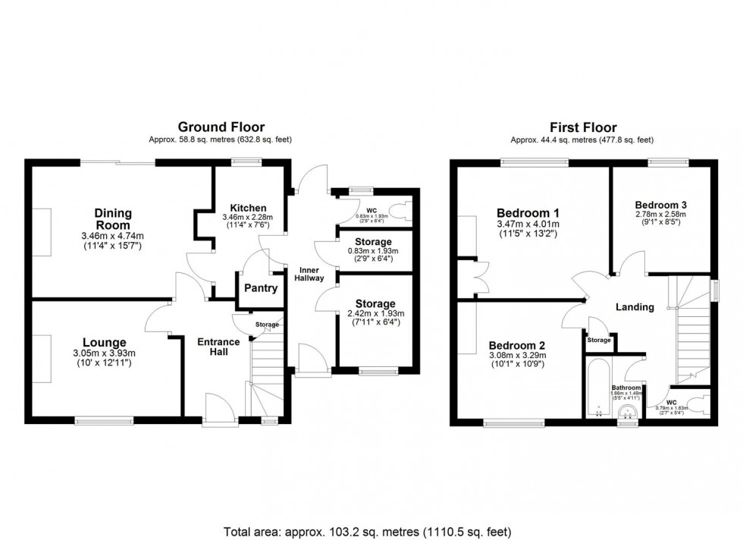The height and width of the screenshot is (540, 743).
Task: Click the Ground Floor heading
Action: click(221, 127)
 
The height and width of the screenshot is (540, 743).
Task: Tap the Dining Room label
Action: click(112, 219)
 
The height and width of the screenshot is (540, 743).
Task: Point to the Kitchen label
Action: click(248, 208)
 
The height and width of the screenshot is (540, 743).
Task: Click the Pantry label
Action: click(259, 288)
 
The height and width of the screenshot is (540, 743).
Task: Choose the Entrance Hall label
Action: click(218, 347)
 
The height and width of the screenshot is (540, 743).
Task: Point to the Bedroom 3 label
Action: click(661, 205)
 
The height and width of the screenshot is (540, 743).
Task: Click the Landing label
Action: click(635, 307)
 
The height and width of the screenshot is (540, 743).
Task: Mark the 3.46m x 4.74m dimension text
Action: click(113, 236)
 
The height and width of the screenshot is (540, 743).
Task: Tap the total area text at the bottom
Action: click(371, 530)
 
